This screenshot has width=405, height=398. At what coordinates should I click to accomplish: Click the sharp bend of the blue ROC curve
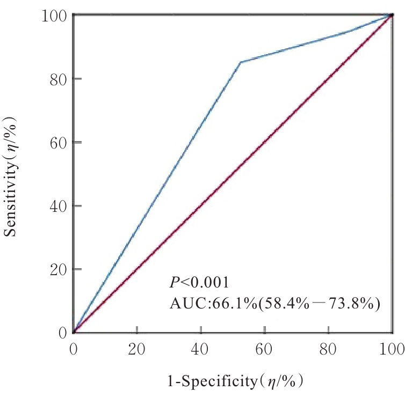[240, 62]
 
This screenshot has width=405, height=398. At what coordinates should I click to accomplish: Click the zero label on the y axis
[62, 333]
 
